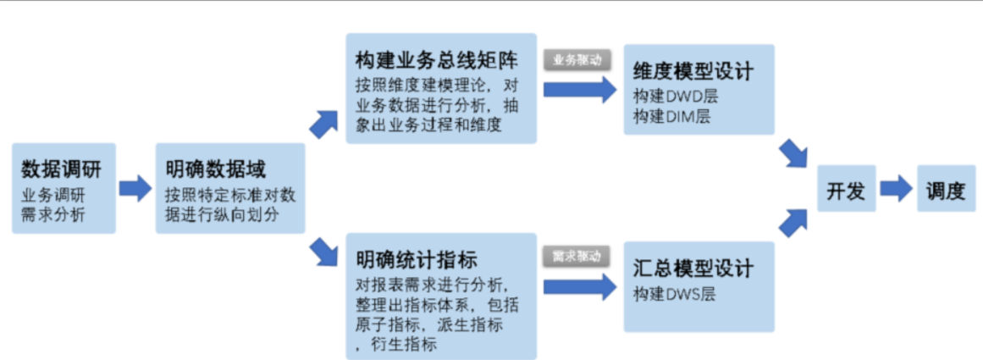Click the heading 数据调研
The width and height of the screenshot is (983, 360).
pyautogui.click(x=61, y=169)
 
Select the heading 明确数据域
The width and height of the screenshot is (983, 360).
pyautogui.click(x=205, y=169)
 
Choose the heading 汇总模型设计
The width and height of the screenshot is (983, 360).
pyautogui.click(x=692, y=269)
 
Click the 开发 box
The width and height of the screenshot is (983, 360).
pyautogui.click(x=845, y=191)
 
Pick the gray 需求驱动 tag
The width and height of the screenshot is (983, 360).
pyautogui.click(x=577, y=255)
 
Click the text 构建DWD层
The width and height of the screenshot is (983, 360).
pyautogui.click(x=672, y=96)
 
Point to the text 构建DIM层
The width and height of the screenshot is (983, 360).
pyautogui.click(x=671, y=116)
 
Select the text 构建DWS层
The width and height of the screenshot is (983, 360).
pyautogui.click(x=673, y=294)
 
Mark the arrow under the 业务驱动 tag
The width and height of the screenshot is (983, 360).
pyautogui.click(x=580, y=88)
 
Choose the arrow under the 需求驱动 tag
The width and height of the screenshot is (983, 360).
pyautogui.click(x=580, y=285)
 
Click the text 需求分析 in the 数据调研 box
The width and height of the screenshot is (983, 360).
pyautogui.click(x=53, y=213)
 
